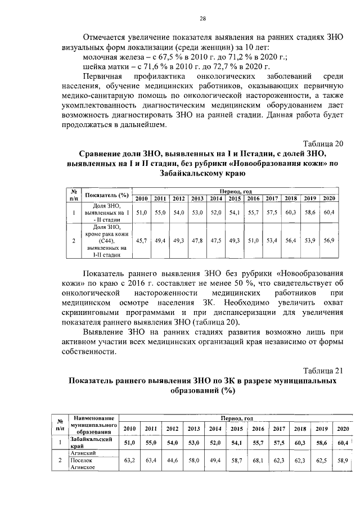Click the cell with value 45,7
pos(142,240)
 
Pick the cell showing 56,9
pos(328,240)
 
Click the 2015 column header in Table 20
pos(235,198)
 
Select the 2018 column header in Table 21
pos(299,429)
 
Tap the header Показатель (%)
pos(106,195)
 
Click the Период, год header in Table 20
pos(235,191)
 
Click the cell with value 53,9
pos(310,240)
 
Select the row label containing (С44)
pos(106,240)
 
